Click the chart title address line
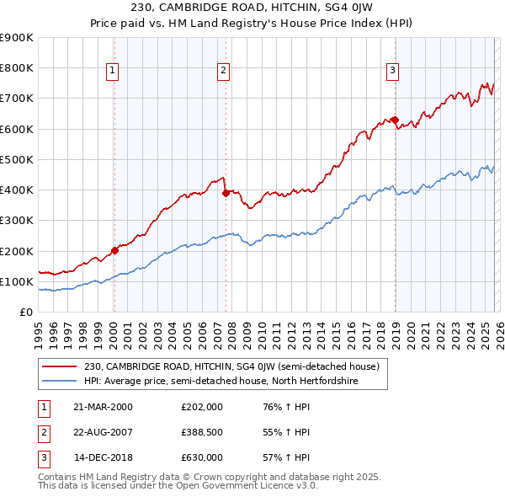coord(252,8)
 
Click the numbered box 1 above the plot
coord(113,71)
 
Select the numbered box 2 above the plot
coord(224,71)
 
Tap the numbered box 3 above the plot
coord(393,71)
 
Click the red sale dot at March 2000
coord(114,250)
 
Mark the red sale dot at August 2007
coord(226,193)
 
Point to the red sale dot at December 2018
coord(395,120)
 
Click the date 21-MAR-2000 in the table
coord(103,407)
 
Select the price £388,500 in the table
coord(201,432)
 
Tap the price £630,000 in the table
coord(201,457)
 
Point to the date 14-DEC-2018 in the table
coord(103,457)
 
